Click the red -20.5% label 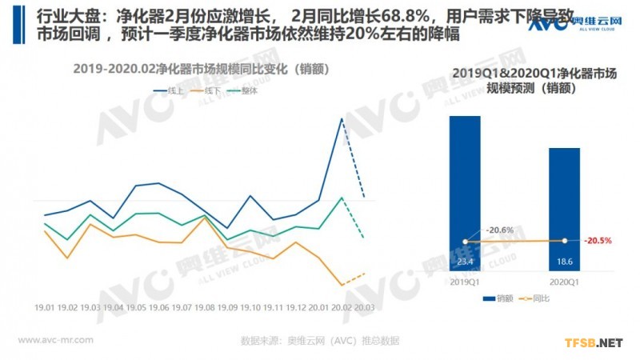pyautogui.click(x=598, y=240)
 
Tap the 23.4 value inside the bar pyautogui.click(x=465, y=261)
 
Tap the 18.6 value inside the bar pyautogui.click(x=564, y=261)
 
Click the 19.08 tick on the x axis pyautogui.click(x=205, y=307)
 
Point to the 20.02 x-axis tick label pyautogui.click(x=342, y=307)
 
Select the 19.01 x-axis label pyautogui.click(x=45, y=307)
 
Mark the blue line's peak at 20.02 pyautogui.click(x=342, y=118)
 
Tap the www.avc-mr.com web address pyautogui.click(x=55, y=340)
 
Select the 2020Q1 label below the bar pyautogui.click(x=564, y=282)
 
